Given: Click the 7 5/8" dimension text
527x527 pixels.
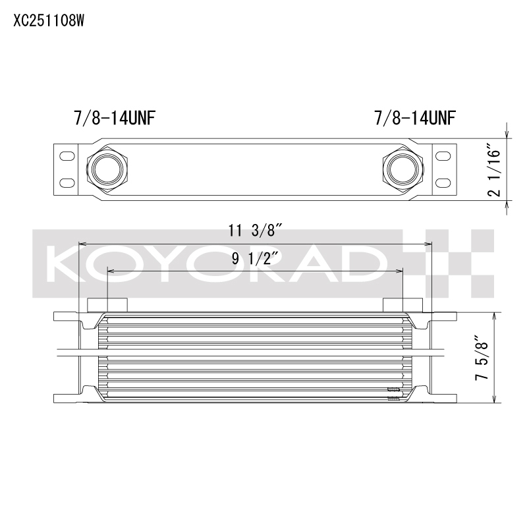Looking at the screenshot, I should pyautogui.click(x=485, y=358).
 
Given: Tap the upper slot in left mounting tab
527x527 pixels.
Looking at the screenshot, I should pyautogui.click(x=67, y=155).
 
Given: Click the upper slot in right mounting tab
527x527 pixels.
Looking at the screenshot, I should pyautogui.click(x=442, y=155).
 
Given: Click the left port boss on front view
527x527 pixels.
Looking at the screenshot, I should pyautogui.click(x=107, y=304).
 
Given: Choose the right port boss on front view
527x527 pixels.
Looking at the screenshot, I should pyautogui.click(x=402, y=304).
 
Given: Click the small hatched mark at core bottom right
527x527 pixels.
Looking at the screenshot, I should pyautogui.click(x=393, y=393).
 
